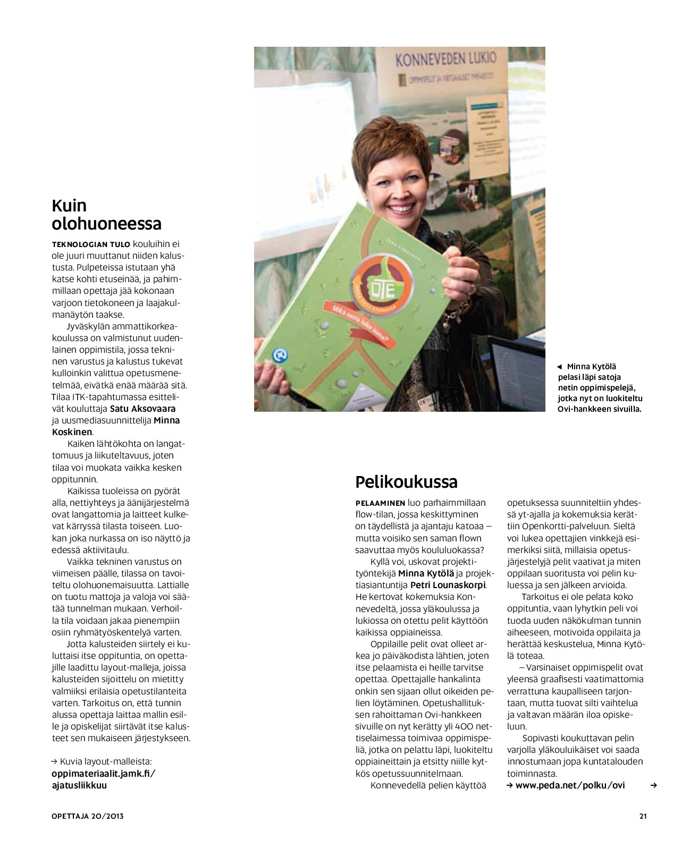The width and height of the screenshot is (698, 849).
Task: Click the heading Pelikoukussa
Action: pos(406,482)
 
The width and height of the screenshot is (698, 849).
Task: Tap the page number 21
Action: pos(643,816)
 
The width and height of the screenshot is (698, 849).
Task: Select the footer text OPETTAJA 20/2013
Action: pos(88,816)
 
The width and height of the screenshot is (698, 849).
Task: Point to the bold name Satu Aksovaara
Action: pos(142,409)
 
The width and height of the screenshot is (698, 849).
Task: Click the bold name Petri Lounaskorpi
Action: pos(448,585)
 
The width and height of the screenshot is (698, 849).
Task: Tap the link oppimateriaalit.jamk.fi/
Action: pos(103,774)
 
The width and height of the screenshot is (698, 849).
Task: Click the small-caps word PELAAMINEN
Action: pos(380,503)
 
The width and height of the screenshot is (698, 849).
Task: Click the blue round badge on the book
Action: pos(277,355)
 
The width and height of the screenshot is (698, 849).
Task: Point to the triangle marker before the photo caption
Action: pos(559,367)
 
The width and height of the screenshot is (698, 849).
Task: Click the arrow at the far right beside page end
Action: pos(654,785)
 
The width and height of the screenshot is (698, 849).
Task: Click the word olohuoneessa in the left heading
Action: pos(106,224)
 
